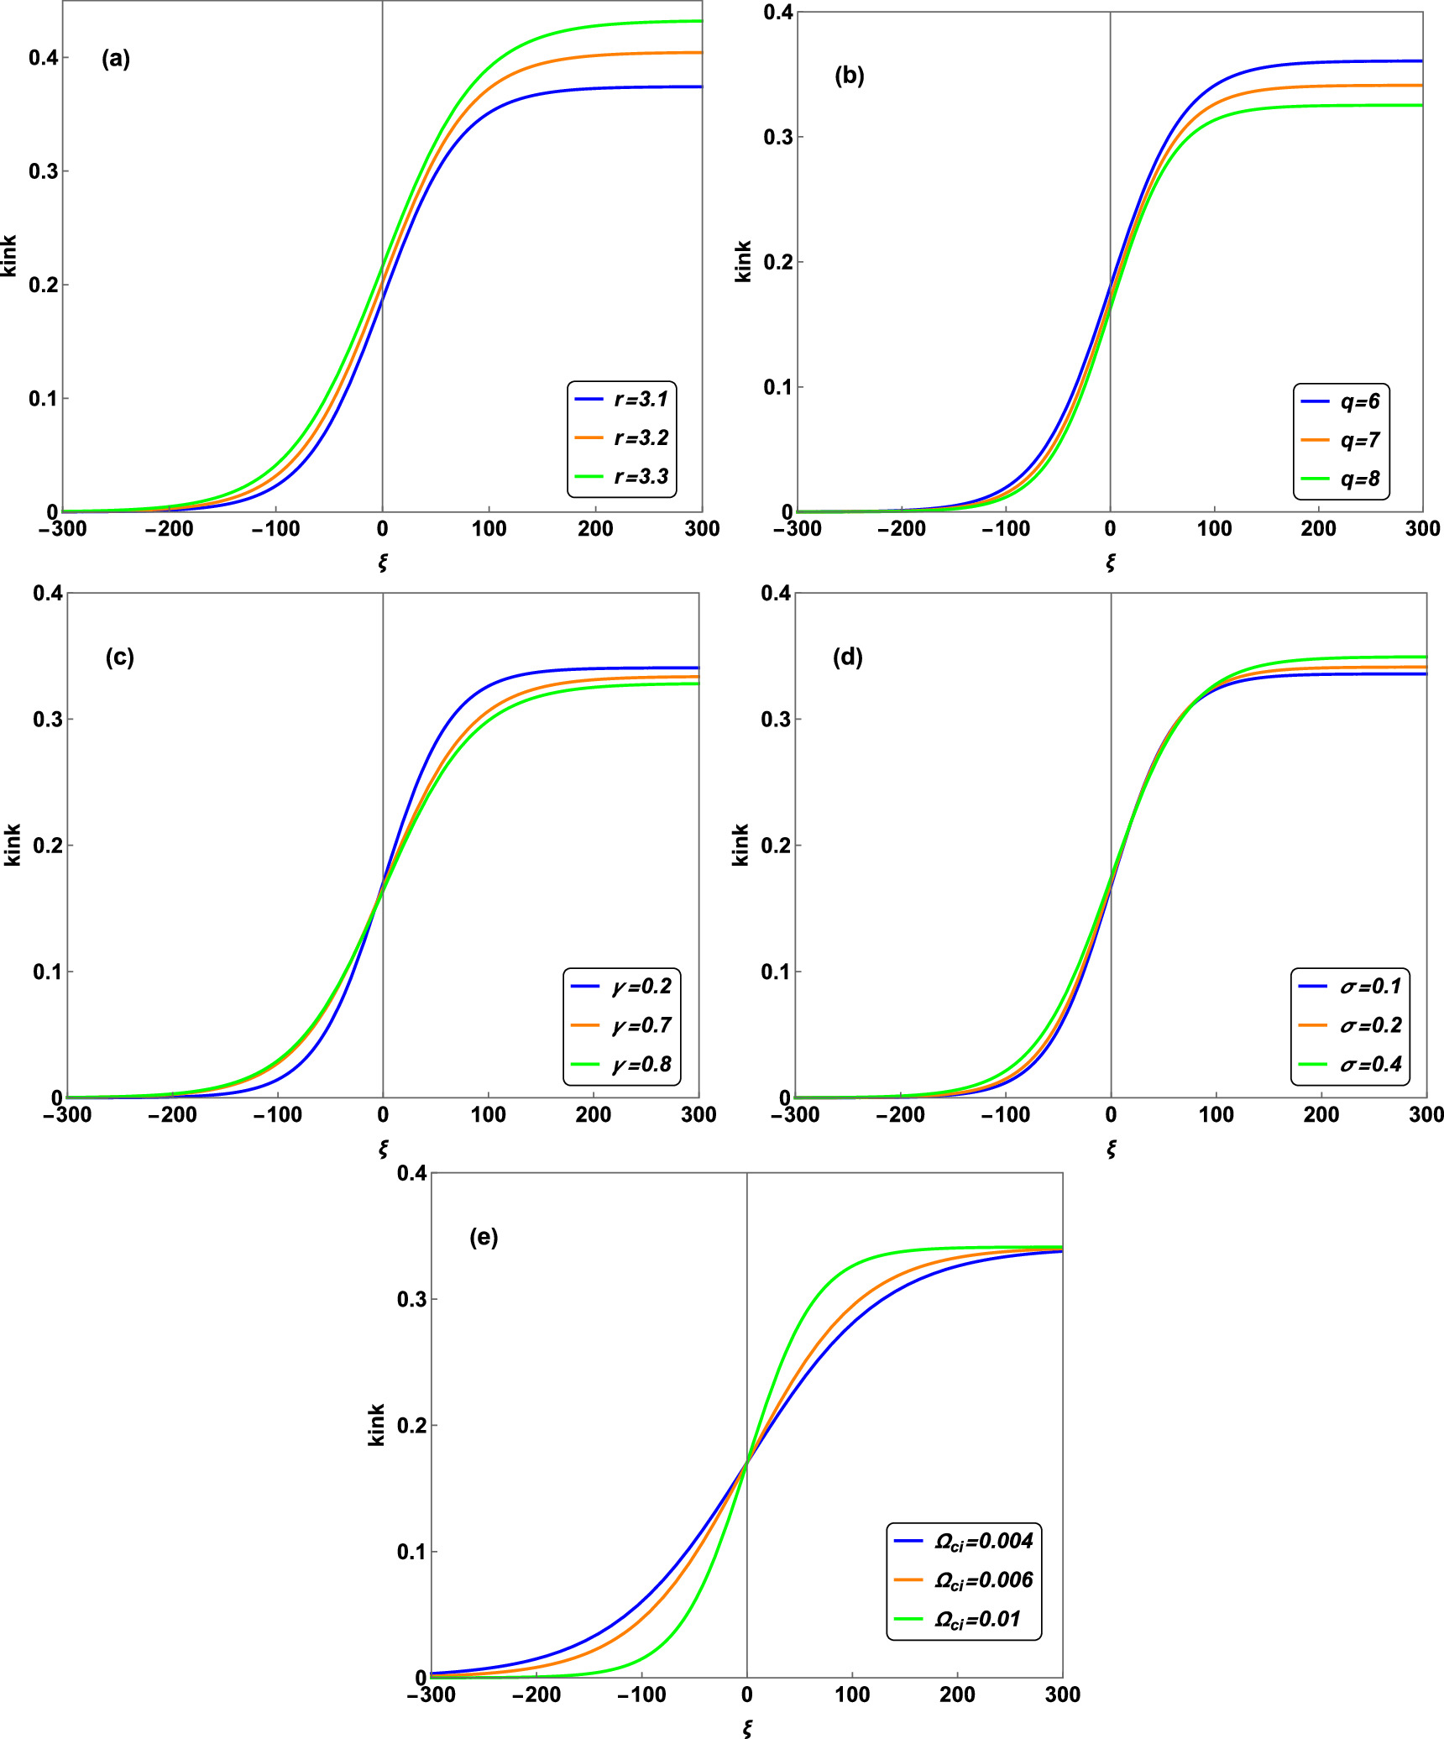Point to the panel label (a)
click(x=116, y=59)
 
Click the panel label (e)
click(x=484, y=1237)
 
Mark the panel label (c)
click(x=119, y=657)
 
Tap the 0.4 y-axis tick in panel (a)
click(x=43, y=58)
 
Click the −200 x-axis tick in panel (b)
click(x=902, y=529)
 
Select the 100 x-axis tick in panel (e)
click(x=852, y=1694)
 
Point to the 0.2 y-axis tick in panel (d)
click(x=776, y=846)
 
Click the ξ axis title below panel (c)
click(x=383, y=1149)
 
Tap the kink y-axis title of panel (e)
click(x=377, y=1424)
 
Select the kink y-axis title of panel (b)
click(x=743, y=261)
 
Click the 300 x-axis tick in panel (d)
click(x=1426, y=1115)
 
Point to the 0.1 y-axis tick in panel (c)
click(x=48, y=972)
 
